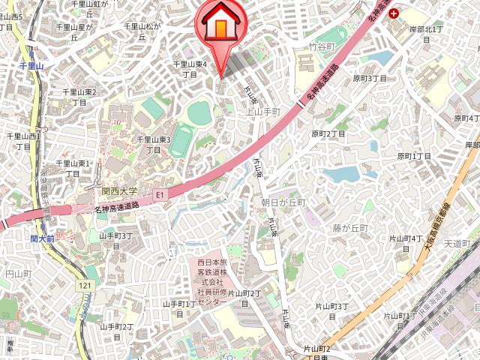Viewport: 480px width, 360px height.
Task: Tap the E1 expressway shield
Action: click(x=158, y=195)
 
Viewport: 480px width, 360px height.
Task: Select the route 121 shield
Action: click(x=85, y=286)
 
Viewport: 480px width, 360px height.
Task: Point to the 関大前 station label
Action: click(x=44, y=238)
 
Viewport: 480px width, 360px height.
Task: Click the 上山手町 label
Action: click(x=263, y=112)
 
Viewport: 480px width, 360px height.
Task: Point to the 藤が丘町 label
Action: click(x=351, y=227)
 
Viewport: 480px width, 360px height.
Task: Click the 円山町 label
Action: click(x=17, y=274)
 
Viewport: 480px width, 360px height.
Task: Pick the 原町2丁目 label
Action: click(x=328, y=134)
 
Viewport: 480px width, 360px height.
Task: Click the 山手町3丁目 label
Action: click(x=115, y=241)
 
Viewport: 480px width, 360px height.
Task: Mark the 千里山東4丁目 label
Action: click(x=190, y=69)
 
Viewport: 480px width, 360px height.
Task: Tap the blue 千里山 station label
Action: click(x=31, y=67)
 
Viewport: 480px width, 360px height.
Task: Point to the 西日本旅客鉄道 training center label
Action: click(x=211, y=282)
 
